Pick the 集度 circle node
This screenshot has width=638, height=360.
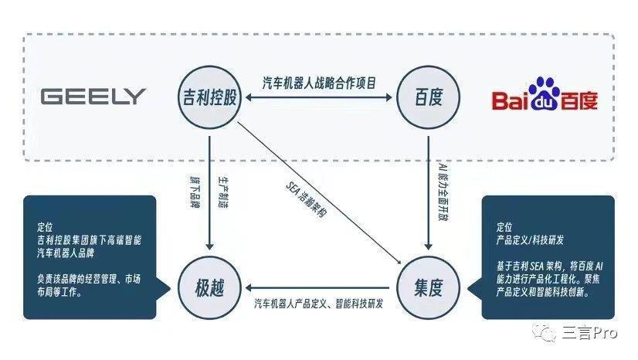(429, 288)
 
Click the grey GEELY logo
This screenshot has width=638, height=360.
(93, 97)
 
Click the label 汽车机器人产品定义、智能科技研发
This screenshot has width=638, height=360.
(318, 303)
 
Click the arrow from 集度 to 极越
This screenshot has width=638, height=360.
(318, 288)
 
